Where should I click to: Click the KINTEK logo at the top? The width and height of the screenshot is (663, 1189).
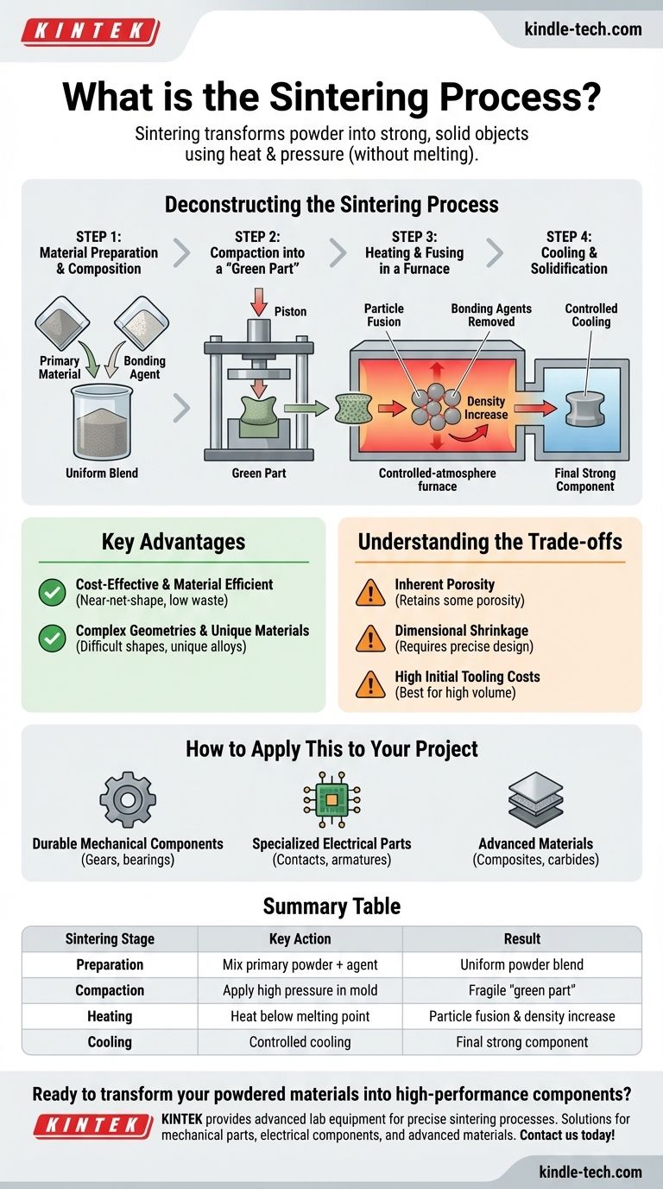(x=90, y=32)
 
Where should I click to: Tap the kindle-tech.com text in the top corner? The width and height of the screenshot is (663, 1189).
(x=583, y=29)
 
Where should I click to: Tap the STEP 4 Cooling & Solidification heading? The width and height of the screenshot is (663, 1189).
(x=569, y=252)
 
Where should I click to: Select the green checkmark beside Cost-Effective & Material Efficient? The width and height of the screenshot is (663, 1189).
(x=53, y=593)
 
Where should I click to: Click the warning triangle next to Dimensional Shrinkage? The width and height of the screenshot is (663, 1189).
(x=370, y=639)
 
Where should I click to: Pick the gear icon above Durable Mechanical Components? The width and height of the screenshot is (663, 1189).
(x=128, y=800)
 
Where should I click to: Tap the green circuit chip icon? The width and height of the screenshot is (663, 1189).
(x=331, y=800)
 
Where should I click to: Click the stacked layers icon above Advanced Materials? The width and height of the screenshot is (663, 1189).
(x=535, y=800)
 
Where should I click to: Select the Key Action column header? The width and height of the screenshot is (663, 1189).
(x=300, y=939)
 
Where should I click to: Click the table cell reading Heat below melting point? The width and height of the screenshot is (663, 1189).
(x=300, y=1016)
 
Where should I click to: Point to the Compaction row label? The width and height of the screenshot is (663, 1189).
(x=110, y=990)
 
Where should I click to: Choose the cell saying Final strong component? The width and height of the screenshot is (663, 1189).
(x=521, y=1042)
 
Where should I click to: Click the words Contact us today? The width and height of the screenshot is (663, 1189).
(x=567, y=1135)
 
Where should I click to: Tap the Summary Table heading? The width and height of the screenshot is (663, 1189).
(x=331, y=906)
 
